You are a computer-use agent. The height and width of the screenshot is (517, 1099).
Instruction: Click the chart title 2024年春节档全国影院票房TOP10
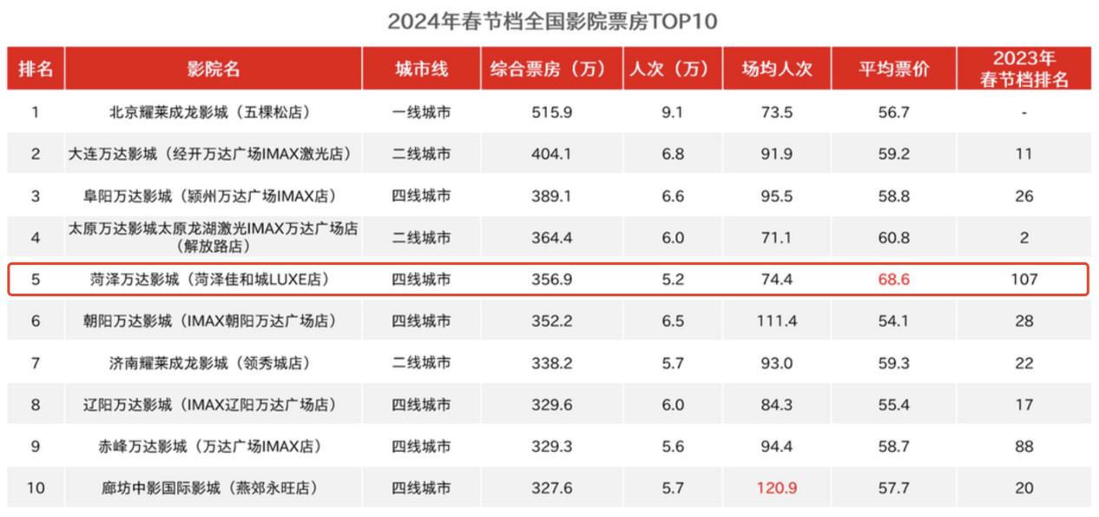point(552,21)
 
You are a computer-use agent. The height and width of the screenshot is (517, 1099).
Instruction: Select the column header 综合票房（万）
point(551,69)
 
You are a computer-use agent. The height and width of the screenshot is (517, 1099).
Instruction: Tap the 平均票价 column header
point(893,69)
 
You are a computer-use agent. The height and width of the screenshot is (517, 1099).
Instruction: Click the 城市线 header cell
point(421,69)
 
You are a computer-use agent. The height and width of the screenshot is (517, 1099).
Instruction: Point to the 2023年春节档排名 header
point(1024,69)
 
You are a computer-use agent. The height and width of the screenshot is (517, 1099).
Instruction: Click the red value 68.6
point(893,280)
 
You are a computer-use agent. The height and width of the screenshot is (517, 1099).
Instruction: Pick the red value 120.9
point(777,488)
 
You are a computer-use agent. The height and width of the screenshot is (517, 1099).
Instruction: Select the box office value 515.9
point(551,112)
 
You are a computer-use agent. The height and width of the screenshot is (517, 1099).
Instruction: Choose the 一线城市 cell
point(421,112)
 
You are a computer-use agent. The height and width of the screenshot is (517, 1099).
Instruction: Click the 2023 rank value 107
point(1024,280)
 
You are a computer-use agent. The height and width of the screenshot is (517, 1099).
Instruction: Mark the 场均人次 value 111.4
point(777,321)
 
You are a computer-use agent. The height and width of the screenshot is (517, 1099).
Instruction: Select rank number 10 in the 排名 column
point(36,488)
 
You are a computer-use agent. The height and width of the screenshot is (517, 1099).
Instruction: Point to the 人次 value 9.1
point(673,112)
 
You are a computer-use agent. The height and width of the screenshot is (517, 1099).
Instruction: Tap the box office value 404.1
point(551,154)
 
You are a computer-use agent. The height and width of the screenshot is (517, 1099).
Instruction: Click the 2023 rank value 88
point(1024,447)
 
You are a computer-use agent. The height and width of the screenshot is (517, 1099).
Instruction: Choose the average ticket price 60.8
point(893,237)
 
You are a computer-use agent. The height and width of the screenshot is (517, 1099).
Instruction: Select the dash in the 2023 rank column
point(1024,113)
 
